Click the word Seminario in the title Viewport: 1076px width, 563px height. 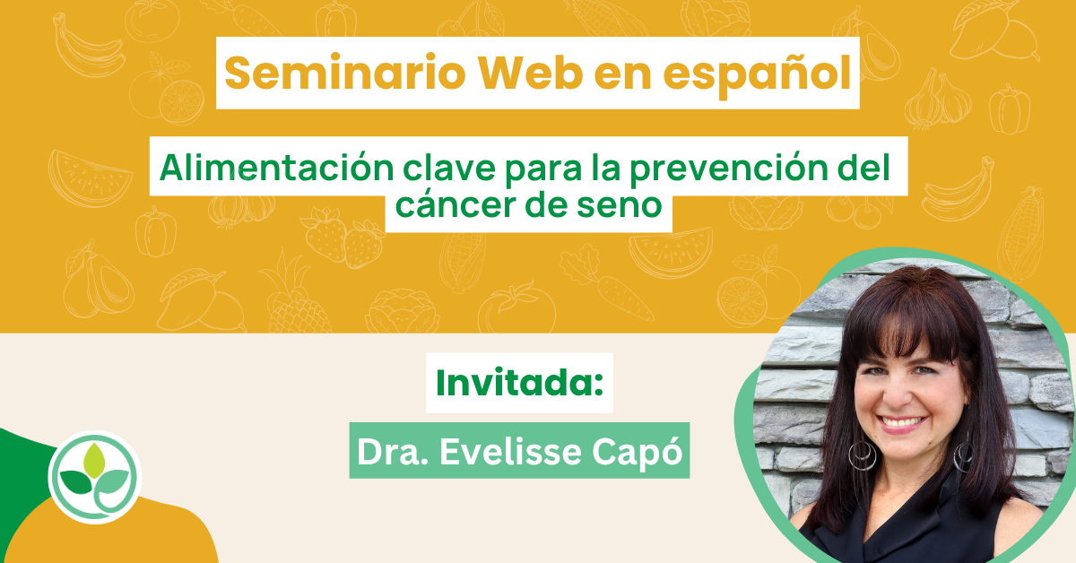pos(345,73)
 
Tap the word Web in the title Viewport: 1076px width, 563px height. pos(530,73)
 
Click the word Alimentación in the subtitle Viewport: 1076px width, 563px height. pos(277,169)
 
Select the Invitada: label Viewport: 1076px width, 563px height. pos(520,383)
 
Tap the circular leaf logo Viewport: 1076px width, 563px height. pos(95,477)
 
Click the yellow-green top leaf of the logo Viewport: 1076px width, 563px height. pos(94,460)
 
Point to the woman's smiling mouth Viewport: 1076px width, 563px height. pos(902,424)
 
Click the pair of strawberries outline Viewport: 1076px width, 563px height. pos(342,238)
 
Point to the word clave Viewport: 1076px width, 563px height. pos(449,169)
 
